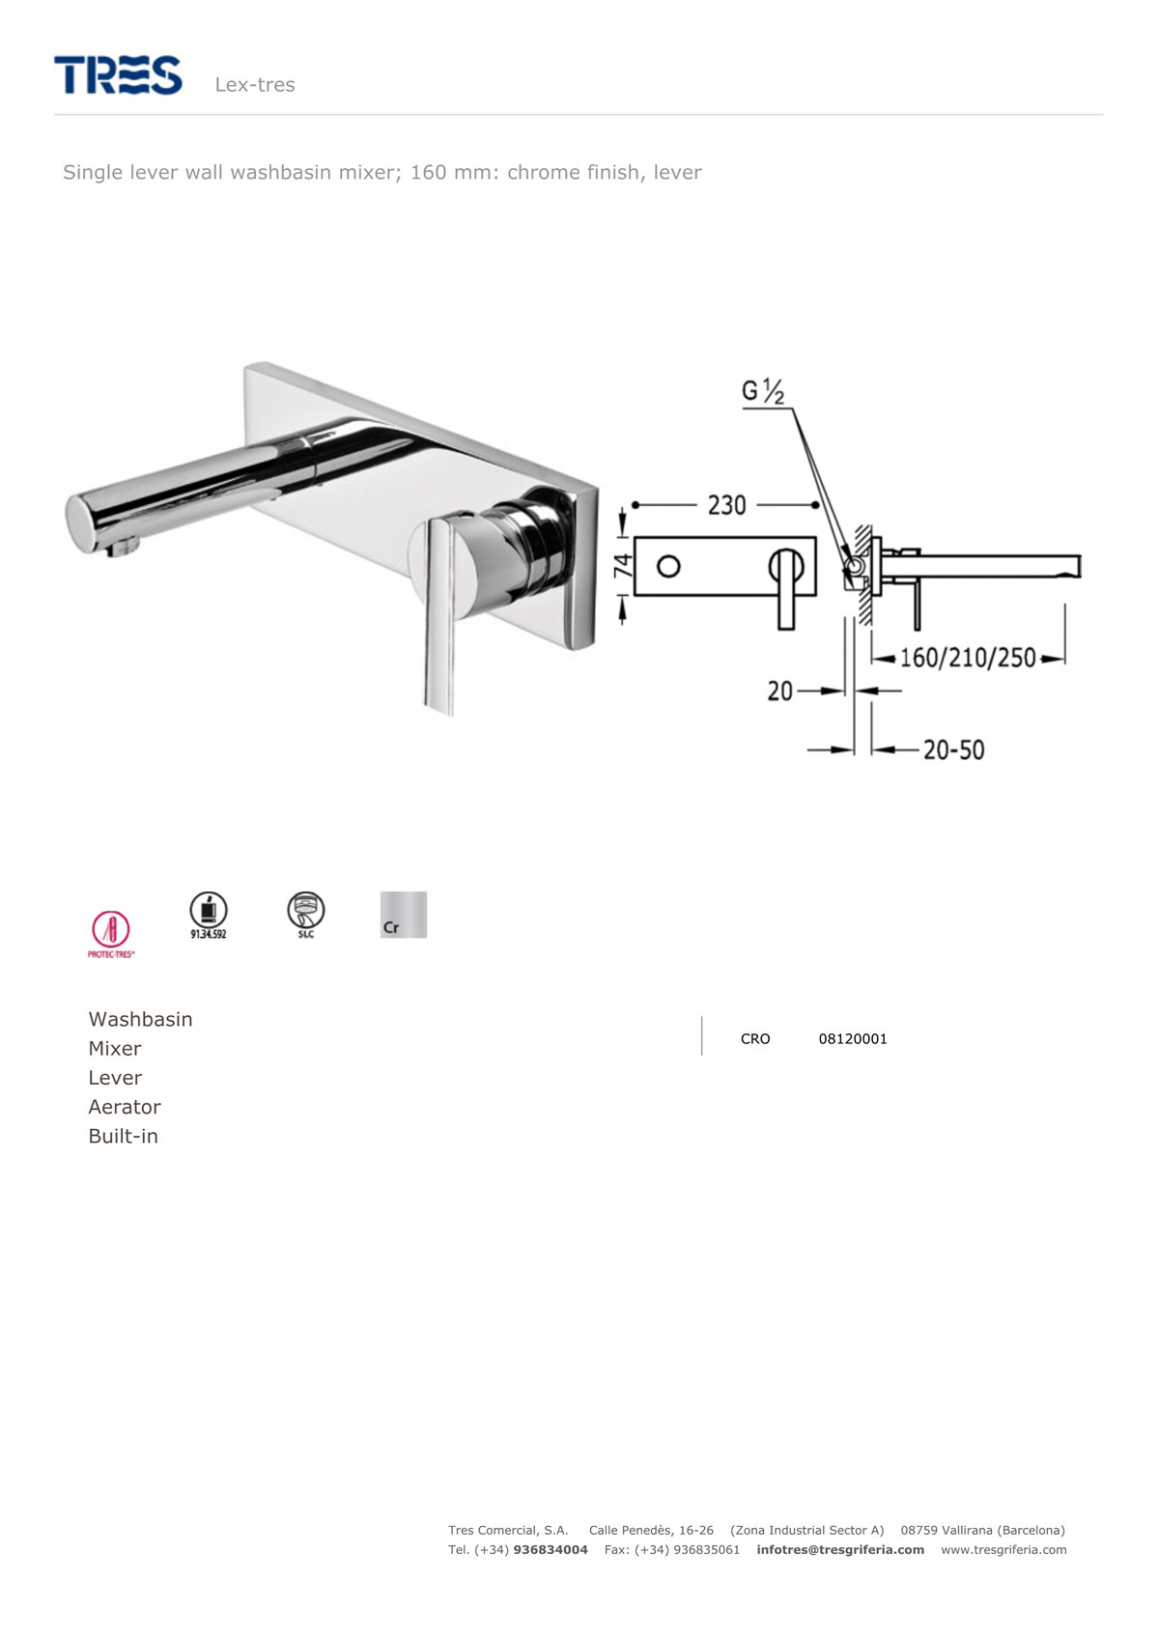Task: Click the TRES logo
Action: (x=118, y=75)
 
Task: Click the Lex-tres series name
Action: (x=255, y=85)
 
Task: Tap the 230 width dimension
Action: (x=726, y=505)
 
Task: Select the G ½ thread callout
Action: (x=763, y=391)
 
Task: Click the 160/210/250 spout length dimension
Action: (x=968, y=658)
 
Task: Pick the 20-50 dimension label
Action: (x=953, y=749)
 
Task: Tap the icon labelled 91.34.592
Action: (x=209, y=915)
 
